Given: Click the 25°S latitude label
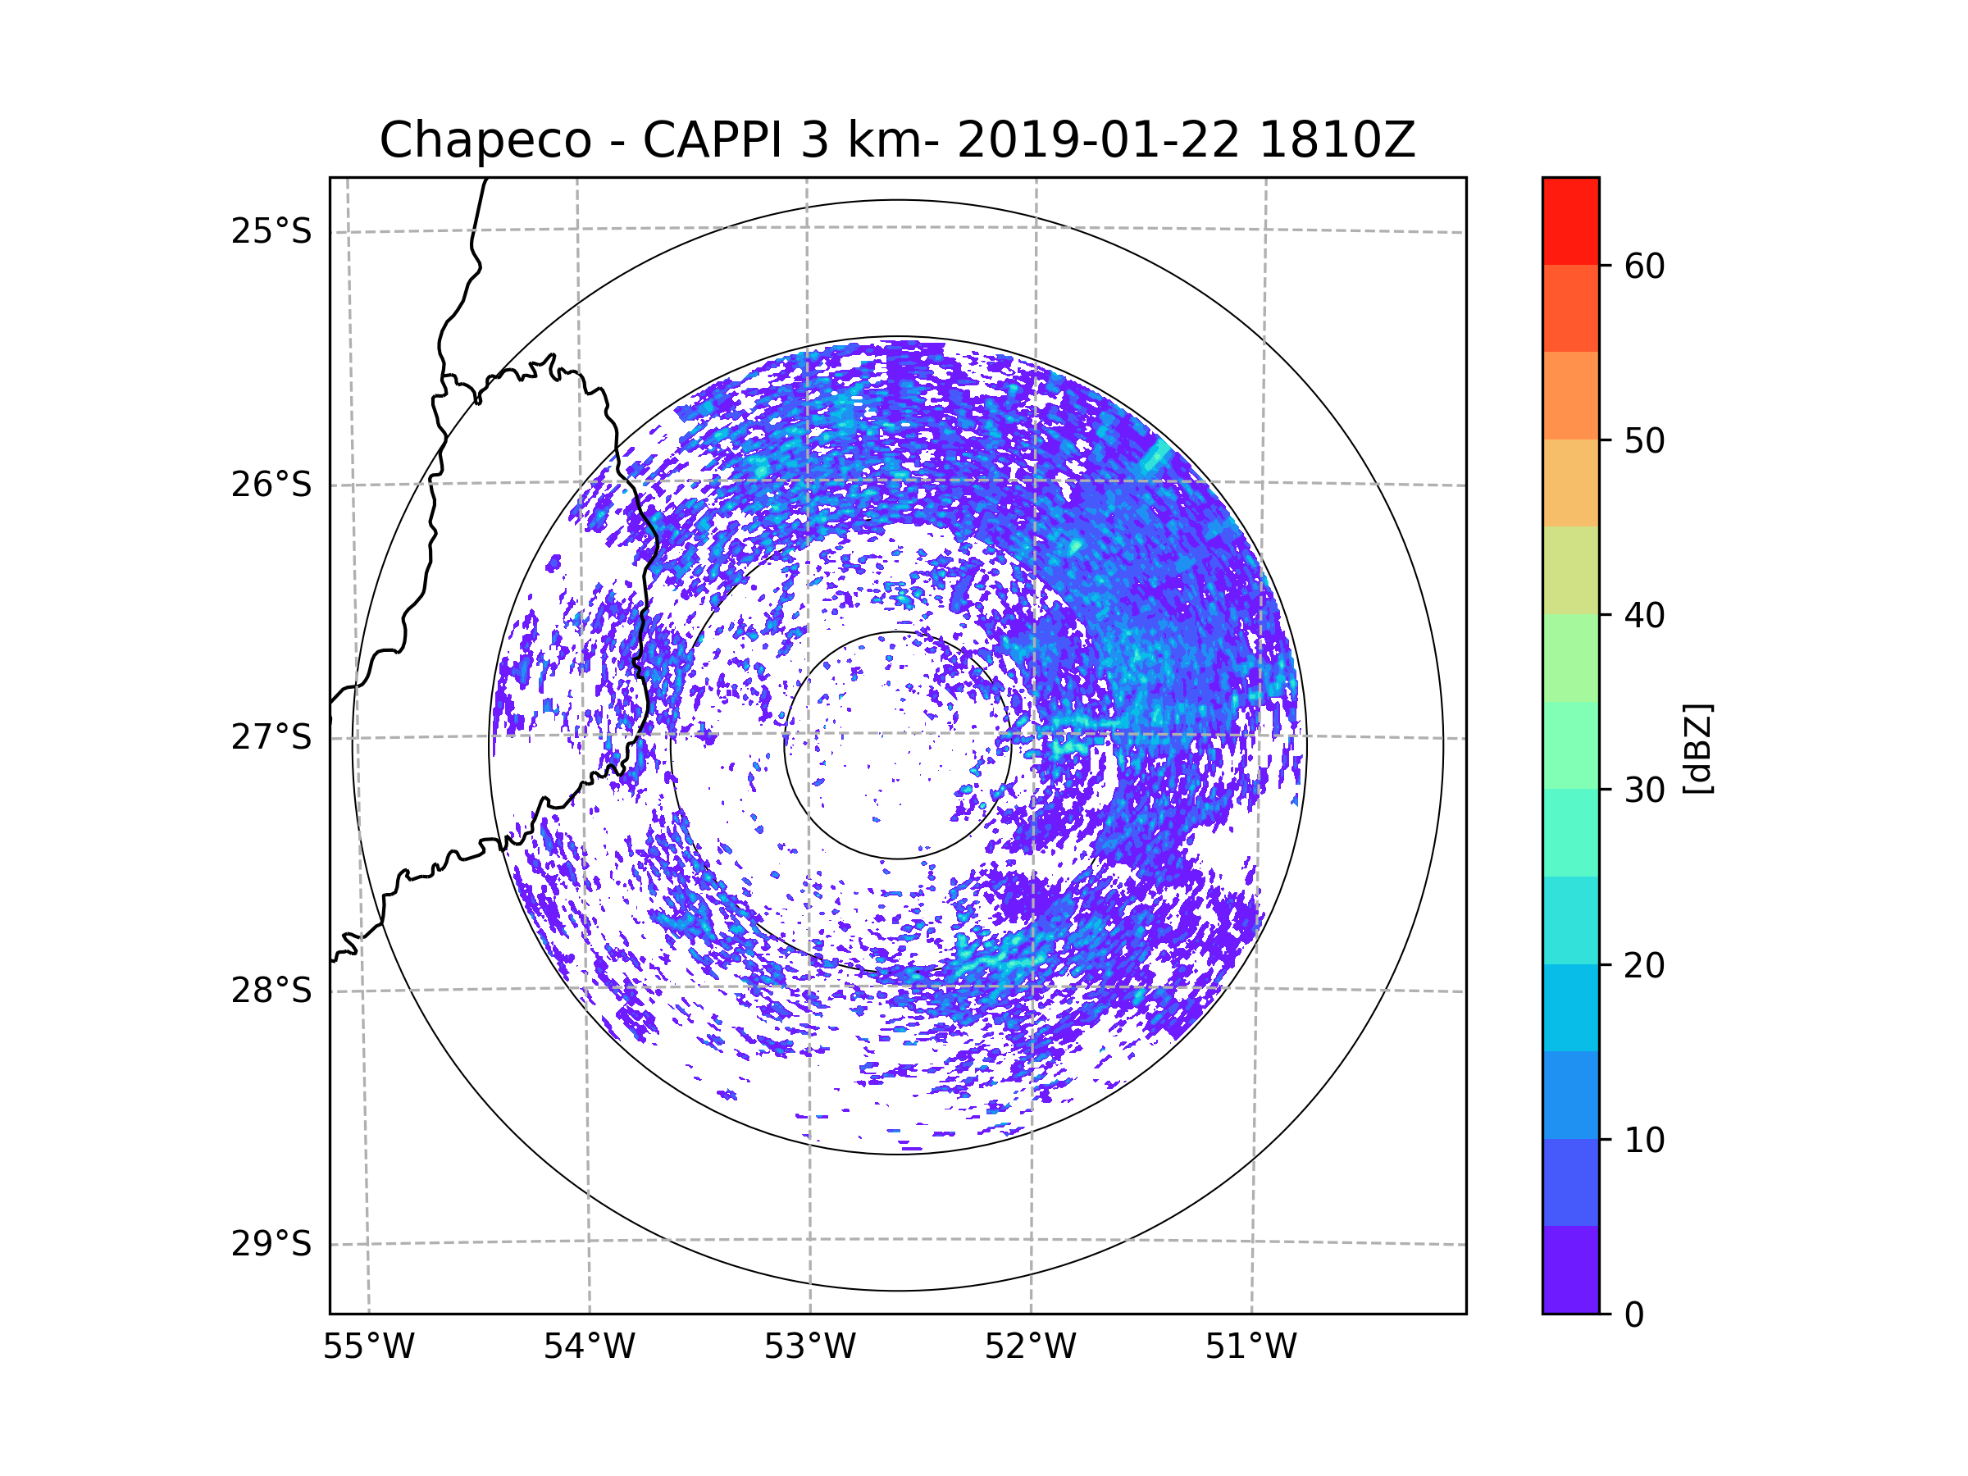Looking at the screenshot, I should pyautogui.click(x=271, y=231).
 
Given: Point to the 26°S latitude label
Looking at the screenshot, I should pyautogui.click(x=271, y=485).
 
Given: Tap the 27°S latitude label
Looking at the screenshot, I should pyautogui.click(x=271, y=737).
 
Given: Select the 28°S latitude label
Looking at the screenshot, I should pyautogui.click(x=271, y=991).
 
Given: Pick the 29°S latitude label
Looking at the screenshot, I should pyautogui.click(x=271, y=1244).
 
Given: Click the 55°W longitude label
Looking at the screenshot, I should pyautogui.click(x=368, y=1347).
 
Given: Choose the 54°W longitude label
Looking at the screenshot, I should pyautogui.click(x=589, y=1347).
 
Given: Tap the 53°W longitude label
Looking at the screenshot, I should pyautogui.click(x=809, y=1347).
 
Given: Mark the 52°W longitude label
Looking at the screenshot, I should pyautogui.click(x=1030, y=1347).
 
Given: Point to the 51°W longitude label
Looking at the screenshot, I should pyautogui.click(x=1250, y=1347).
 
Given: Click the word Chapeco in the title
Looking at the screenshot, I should pyautogui.click(x=485, y=140).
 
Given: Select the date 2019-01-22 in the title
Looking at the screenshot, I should pyautogui.click(x=1098, y=140).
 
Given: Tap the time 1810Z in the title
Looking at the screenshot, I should pyautogui.click(x=1337, y=140).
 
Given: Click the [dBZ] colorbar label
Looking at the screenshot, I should pyautogui.click(x=1697, y=748).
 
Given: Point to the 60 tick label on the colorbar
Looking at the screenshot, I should pyautogui.click(x=1644, y=266).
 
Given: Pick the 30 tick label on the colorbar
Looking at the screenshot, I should pyautogui.click(x=1644, y=790).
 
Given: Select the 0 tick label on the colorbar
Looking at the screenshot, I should pyautogui.click(x=1634, y=1315).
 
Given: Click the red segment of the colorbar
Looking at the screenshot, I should pyautogui.click(x=1570, y=221).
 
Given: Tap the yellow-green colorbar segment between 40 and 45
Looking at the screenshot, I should pyautogui.click(x=1570, y=570).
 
